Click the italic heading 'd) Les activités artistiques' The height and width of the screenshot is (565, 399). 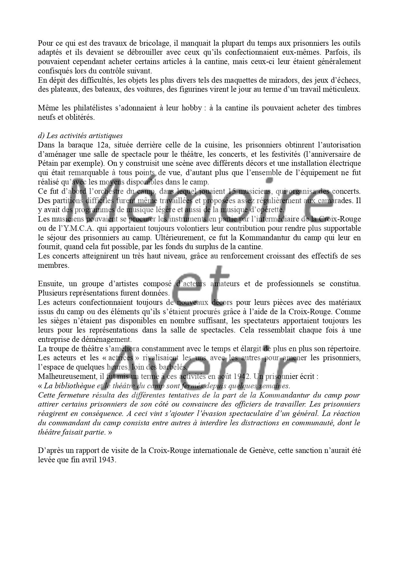click(80, 136)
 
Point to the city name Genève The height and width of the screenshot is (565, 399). click(261, 450)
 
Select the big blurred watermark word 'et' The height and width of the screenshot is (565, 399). click(201, 283)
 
